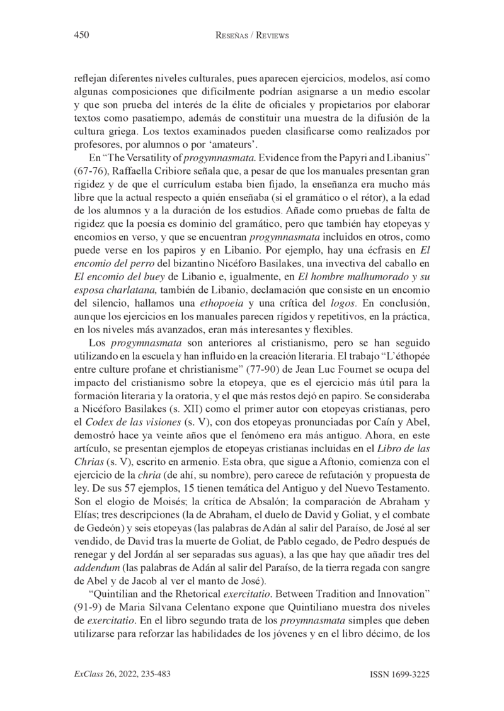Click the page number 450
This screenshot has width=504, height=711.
(x=81, y=36)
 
